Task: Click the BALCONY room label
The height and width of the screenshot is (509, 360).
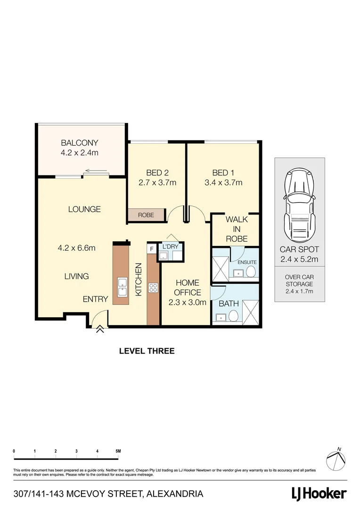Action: tap(79, 143)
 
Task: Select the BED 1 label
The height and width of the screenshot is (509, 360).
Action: tap(223, 172)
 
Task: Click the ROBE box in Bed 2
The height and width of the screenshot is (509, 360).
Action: tap(146, 215)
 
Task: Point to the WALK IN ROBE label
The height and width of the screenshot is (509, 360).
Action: tap(237, 229)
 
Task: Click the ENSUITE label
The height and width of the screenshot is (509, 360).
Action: tap(246, 262)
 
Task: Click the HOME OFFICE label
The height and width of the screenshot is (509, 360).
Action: tap(188, 287)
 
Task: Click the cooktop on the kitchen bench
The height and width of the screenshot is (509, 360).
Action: tap(153, 287)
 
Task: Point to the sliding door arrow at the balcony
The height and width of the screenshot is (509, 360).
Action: tap(97, 172)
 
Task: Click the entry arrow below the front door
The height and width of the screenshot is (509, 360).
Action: tap(100, 330)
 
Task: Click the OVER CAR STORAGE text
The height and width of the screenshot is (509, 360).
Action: tap(300, 285)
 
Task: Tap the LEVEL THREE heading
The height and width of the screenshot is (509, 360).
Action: tap(147, 351)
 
